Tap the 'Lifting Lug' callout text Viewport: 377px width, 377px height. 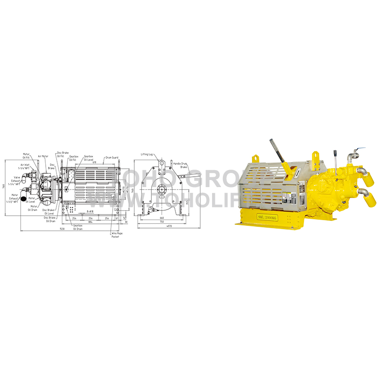pyautogui.click(x=147, y=155)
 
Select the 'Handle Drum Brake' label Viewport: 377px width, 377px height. pyautogui.click(x=180, y=165)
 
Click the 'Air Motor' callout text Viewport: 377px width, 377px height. pyautogui.click(x=43, y=156)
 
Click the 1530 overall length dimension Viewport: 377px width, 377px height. pyautogui.click(x=61, y=229)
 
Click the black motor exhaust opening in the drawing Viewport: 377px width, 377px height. pyautogui.click(x=23, y=199)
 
